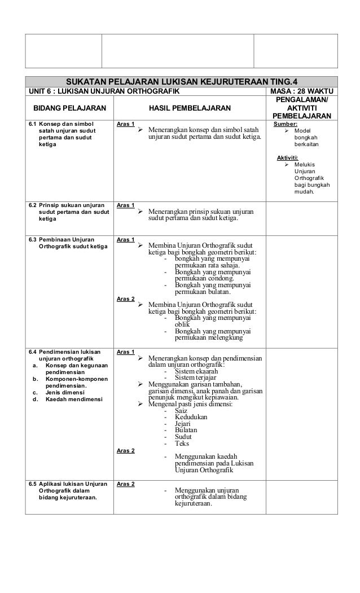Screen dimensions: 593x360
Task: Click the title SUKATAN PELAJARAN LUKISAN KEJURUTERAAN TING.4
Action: coord(185,81)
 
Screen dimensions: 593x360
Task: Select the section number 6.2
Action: coord(33,205)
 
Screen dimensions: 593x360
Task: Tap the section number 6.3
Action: coord(33,239)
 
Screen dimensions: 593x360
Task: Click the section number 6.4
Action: coord(33,352)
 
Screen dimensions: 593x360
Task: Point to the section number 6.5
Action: coord(33,484)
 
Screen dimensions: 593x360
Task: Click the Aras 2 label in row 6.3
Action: coord(125,298)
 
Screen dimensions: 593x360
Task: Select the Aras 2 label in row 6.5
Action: coord(125,484)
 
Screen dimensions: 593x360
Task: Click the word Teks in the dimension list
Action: coord(182,443)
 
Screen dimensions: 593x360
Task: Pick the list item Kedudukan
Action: coord(191,417)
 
